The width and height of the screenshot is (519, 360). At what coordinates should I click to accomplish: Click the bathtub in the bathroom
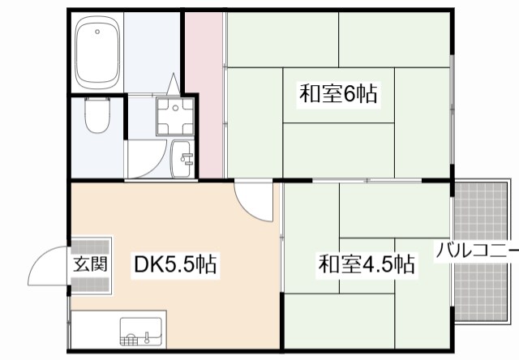coord(98,54)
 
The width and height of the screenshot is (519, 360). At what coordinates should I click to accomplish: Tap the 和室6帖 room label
coord(338,94)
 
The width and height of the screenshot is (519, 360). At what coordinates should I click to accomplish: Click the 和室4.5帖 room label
coord(367,264)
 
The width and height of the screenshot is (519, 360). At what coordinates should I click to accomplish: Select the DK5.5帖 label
coord(174,264)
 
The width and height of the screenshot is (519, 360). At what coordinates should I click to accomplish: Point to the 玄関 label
coord(90,264)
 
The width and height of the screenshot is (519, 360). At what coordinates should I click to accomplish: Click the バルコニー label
coord(477,249)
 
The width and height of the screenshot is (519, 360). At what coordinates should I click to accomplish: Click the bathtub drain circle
coord(98,33)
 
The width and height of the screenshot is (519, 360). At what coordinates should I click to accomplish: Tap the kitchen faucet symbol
coord(148,333)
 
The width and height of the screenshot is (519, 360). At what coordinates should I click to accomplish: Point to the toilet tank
coord(97,104)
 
